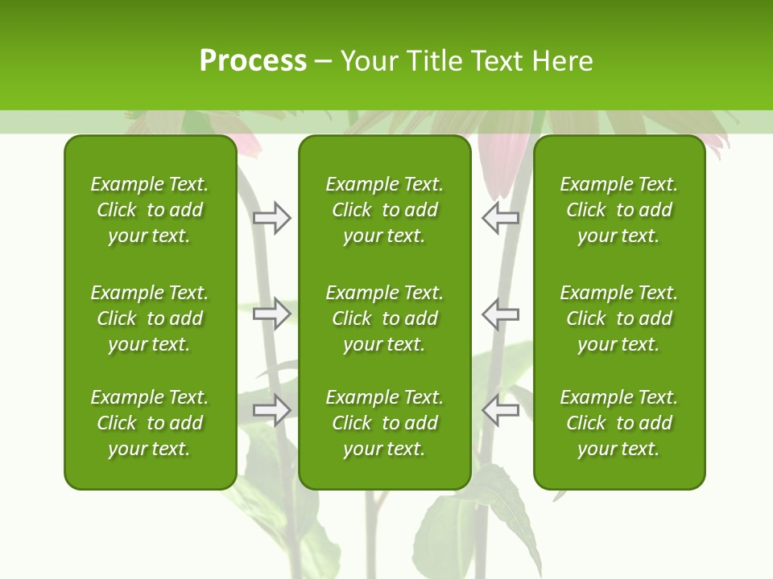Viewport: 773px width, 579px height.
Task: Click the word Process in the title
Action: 253,61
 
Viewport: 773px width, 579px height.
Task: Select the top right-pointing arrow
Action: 272,218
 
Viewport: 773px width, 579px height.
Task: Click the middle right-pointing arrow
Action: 272,314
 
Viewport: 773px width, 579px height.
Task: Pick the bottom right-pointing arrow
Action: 272,411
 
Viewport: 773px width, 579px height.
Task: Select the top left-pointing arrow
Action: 500,218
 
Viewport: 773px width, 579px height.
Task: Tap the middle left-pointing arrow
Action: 500,314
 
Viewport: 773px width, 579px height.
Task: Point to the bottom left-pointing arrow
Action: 500,411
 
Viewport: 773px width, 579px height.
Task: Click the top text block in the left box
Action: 150,210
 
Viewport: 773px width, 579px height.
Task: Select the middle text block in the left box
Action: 150,318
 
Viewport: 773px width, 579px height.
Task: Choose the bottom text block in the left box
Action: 150,423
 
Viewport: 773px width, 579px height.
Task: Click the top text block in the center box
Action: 384,210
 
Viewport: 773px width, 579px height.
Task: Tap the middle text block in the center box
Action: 384,318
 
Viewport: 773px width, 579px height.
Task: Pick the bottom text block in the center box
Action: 384,423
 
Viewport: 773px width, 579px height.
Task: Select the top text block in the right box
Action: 618,210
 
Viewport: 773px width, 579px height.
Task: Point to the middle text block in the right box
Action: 618,318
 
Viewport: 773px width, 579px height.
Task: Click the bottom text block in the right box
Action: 618,423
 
